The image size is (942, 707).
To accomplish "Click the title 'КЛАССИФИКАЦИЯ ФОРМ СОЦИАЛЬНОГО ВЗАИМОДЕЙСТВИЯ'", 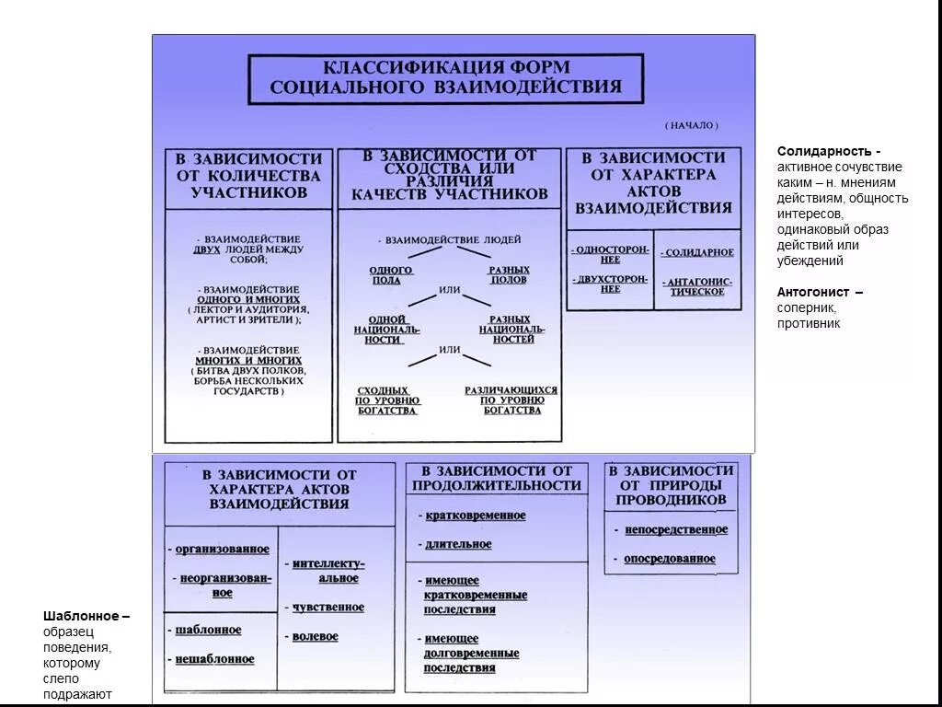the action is [445, 78].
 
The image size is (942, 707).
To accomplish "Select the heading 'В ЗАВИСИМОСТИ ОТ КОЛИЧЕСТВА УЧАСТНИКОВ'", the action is [248, 176].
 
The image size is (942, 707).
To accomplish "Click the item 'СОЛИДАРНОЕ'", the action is [698, 252].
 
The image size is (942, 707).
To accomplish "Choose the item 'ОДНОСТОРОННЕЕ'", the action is [611, 254].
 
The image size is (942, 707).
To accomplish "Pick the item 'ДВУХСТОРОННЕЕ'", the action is [611, 284].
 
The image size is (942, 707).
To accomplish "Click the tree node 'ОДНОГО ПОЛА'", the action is [391, 275].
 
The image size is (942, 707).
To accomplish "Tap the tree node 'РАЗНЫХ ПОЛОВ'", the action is [508, 275].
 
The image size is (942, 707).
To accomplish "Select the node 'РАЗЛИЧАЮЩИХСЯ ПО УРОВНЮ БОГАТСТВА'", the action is [511, 400].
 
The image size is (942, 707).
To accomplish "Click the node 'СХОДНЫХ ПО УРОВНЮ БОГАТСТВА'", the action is [388, 400].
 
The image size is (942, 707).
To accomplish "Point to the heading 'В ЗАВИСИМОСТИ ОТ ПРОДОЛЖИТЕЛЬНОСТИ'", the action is [497, 478].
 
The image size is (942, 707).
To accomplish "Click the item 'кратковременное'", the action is [475, 516].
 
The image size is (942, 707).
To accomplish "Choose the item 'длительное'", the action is [458, 544].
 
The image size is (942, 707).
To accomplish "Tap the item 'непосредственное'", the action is [675, 530].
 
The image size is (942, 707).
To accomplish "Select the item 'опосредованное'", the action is [669, 559].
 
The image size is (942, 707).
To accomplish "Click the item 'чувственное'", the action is [327, 608].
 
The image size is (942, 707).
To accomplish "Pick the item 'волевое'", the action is [315, 636].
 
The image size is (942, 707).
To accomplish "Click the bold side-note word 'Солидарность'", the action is [825, 151].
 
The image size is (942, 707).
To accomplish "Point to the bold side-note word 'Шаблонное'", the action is [82, 616].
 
